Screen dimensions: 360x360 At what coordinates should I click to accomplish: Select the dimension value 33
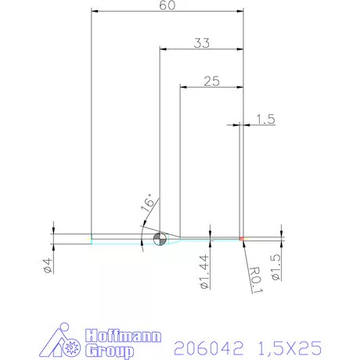tap(202, 44)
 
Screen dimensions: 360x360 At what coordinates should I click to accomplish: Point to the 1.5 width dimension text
tap(265, 119)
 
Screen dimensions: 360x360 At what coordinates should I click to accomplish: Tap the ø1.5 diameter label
tap(275, 266)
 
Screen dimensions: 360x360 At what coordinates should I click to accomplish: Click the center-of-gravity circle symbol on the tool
tap(160, 239)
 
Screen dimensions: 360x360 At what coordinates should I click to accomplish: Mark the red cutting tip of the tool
tap(243, 238)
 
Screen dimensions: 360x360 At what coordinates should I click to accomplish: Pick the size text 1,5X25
tap(285, 346)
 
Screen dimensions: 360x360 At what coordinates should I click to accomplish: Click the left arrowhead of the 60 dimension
tap(95, 12)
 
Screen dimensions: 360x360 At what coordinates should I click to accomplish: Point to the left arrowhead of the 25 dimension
tap(183, 86)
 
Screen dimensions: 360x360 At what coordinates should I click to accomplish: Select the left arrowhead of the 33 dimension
tap(163, 49)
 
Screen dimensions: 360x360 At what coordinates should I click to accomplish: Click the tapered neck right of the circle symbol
tap(175, 238)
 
